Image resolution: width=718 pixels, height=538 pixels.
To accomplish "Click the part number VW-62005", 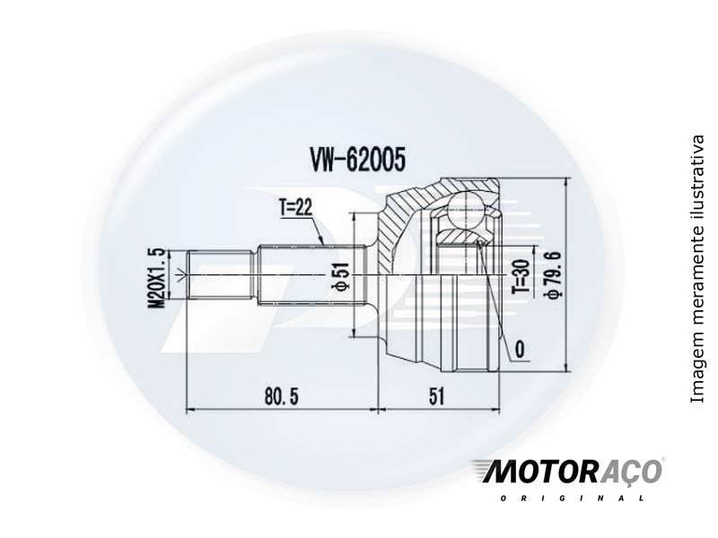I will pos(358,160).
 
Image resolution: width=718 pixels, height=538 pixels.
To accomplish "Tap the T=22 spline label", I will pos(294,207).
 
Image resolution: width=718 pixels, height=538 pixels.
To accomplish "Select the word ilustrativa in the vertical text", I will pos(697,176).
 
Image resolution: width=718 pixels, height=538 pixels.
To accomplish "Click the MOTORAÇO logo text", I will pos(565,472).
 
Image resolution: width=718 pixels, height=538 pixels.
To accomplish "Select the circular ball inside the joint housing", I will pos(468,209).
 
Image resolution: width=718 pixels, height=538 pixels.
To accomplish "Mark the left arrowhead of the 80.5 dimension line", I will pos(188,411).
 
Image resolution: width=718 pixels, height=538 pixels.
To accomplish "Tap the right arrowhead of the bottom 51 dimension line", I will pos(495,411).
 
